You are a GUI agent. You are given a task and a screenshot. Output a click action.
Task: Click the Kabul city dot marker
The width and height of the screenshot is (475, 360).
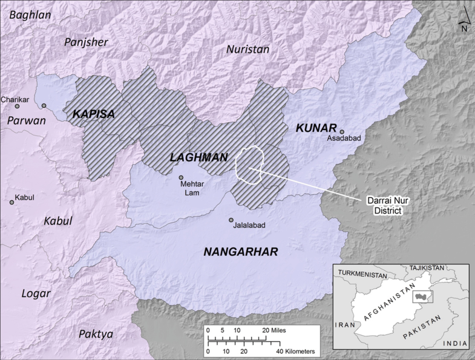click(11, 201)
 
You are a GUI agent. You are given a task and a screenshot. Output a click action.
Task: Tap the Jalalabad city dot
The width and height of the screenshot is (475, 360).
click(231, 220)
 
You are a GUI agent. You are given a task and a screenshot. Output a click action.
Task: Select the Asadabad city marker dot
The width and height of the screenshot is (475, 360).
click(342, 131)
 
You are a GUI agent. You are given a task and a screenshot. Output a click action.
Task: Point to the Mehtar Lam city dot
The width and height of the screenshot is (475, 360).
click(181, 177)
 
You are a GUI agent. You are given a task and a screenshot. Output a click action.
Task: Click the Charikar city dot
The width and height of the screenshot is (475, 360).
click(17, 106)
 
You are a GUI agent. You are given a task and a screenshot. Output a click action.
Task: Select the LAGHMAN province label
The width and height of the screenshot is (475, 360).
click(198, 157)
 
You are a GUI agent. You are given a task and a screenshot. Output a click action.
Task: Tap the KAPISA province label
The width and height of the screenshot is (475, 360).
click(93, 114)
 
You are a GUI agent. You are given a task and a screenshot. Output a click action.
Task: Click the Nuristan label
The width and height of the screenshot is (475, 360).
click(247, 50)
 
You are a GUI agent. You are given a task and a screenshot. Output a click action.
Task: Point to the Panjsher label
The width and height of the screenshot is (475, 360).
click(86, 42)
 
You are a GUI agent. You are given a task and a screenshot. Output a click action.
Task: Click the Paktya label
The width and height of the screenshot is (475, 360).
click(96, 333)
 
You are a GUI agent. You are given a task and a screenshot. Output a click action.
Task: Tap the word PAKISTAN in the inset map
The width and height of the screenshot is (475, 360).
click(417, 325)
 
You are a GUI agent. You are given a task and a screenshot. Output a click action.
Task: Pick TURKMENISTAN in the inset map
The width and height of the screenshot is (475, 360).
click(361, 274)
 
